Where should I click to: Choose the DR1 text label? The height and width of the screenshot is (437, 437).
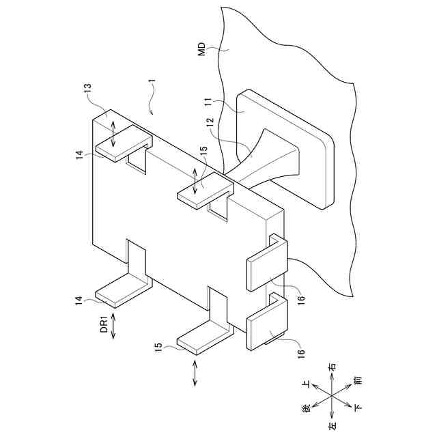[104, 324]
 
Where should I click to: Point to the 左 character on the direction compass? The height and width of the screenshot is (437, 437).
[331, 425]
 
